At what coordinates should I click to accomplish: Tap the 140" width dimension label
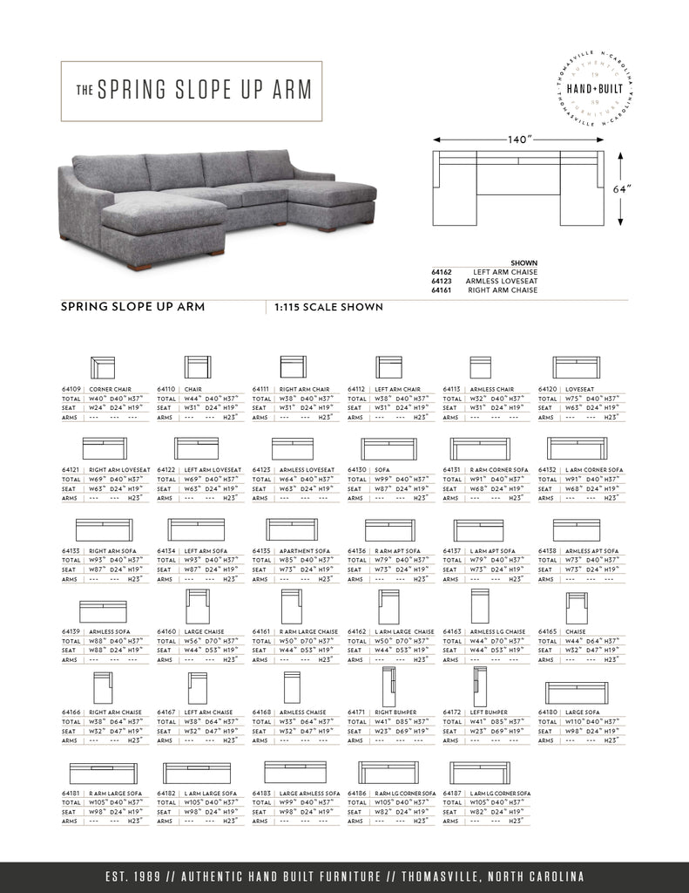pyautogui.click(x=520, y=139)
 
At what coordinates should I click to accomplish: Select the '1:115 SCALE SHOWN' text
pyautogui.click(x=328, y=307)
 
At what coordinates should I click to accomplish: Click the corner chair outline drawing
pyautogui.click(x=102, y=366)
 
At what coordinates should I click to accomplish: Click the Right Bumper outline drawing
pyautogui.click(x=388, y=685)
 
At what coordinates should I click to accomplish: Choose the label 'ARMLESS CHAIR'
pyautogui.click(x=492, y=390)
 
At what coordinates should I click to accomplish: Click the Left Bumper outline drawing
pyautogui.click(x=478, y=685)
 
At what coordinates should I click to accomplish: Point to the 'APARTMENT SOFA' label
pyautogui.click(x=305, y=551)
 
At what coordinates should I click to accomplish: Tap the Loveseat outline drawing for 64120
pyautogui.click(x=577, y=366)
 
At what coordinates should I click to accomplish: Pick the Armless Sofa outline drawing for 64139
pyautogui.click(x=103, y=611)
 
